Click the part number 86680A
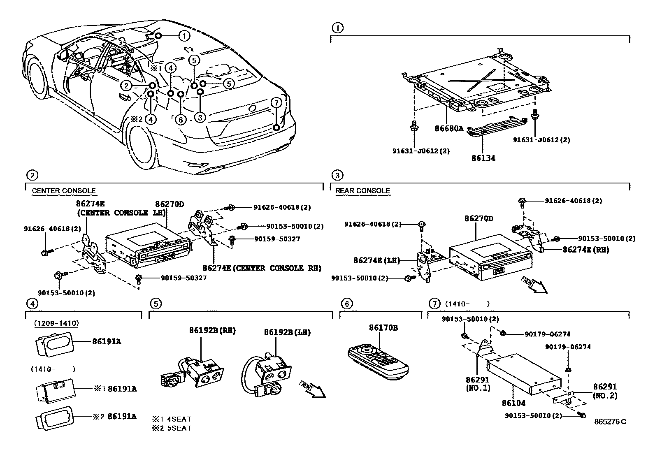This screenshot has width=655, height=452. pyautogui.click(x=449, y=128)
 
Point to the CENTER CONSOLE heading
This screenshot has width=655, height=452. pyautogui.click(x=64, y=191)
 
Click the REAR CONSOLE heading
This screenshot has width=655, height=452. pyautogui.click(x=362, y=191)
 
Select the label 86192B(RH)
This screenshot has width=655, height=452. pyautogui.click(x=212, y=330)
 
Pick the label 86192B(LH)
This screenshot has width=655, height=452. pyautogui.click(x=287, y=332)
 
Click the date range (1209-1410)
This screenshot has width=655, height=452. pyautogui.click(x=56, y=323)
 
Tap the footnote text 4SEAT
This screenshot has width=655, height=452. pyautogui.click(x=180, y=419)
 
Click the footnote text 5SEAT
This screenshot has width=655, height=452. pyautogui.click(x=180, y=428)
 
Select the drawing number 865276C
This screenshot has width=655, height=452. pyautogui.click(x=610, y=422)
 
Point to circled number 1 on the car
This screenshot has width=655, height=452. pyautogui.click(x=184, y=36)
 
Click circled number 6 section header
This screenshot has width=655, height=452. pyautogui.click(x=347, y=304)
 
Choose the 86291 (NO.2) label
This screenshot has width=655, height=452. pyautogui.click(x=605, y=391)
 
